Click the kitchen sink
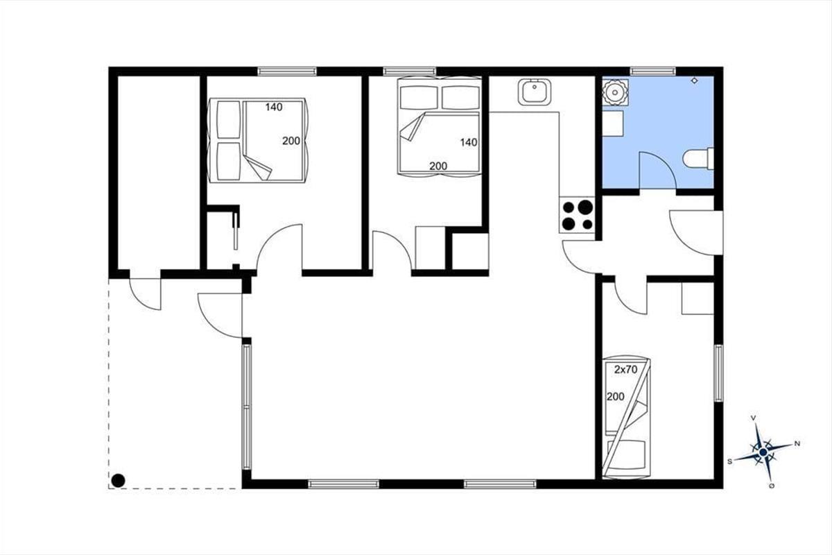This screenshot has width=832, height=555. (x=534, y=92)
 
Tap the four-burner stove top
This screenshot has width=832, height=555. (x=577, y=215)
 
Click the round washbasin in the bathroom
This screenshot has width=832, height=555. (x=616, y=92)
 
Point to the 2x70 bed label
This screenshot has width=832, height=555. (x=625, y=370)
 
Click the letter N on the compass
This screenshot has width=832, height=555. (x=797, y=443)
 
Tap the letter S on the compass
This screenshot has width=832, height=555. (x=729, y=462)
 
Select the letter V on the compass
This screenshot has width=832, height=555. (x=753, y=418)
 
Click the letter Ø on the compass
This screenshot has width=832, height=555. (x=772, y=486)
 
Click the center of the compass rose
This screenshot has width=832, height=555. (x=763, y=452)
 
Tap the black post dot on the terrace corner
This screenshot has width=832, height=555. (x=118, y=481)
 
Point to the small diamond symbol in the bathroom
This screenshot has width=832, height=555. (x=694, y=80)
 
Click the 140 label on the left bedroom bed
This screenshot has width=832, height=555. (x=274, y=107)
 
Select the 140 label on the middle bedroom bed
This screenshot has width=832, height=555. (x=469, y=142)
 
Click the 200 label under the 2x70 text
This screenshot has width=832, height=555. (x=616, y=397)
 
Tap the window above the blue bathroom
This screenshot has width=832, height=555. (x=652, y=71)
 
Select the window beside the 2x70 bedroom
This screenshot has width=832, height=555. (x=719, y=373)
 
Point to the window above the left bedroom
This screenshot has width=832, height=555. (x=287, y=71)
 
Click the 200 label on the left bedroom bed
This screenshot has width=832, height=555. (x=291, y=142)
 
